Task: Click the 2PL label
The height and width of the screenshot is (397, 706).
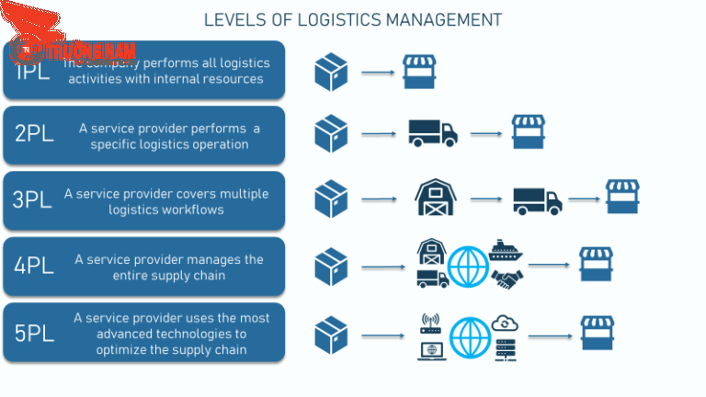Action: (x=34, y=133)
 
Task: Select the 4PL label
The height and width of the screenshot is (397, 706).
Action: (x=34, y=267)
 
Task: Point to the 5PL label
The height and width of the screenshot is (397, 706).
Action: (x=34, y=333)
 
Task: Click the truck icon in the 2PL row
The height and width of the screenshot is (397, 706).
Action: (x=432, y=133)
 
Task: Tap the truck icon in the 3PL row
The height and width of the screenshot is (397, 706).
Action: (x=537, y=199)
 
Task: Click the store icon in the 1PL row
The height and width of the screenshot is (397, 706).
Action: (x=419, y=71)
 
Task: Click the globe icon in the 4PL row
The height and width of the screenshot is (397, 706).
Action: (x=467, y=267)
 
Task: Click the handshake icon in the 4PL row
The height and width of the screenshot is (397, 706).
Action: (x=507, y=279)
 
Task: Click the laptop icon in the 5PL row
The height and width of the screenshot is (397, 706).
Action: (x=430, y=350)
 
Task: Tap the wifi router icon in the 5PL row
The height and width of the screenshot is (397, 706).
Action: (x=430, y=322)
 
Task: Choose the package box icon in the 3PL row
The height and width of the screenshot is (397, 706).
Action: (x=331, y=199)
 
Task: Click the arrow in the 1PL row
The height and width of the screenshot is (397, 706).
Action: (x=377, y=72)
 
